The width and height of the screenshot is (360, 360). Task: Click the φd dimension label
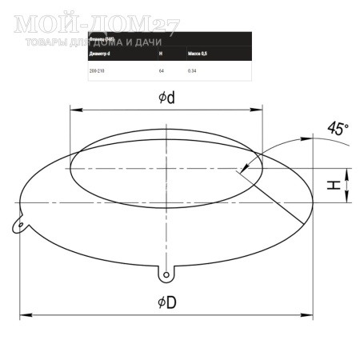pos(166,98)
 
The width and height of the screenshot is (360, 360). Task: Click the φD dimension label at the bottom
pos(166,302)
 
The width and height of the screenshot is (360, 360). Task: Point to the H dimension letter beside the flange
pos(337,185)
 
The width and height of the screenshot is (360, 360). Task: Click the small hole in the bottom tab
pos(166,275)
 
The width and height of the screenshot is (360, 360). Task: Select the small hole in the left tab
pos(18,224)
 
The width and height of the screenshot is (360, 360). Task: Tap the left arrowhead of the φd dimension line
pos(74,110)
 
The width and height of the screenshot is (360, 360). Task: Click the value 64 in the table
pos(162,71)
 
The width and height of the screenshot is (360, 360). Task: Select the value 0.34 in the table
pos(192,71)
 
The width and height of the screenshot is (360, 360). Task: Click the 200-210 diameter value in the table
pos(97,71)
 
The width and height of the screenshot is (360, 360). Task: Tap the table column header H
pos(161,54)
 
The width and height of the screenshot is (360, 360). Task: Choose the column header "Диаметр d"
pos(99,54)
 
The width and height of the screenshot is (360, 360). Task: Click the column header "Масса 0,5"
pos(198,54)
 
